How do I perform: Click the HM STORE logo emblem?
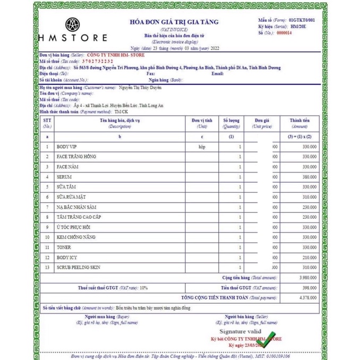[73, 24]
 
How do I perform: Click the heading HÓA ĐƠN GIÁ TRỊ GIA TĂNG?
[174, 22]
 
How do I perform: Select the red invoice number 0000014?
[285, 33]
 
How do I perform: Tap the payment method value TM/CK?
[122, 112]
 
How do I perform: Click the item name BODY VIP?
[67, 147]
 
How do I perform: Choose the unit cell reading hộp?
[201, 147]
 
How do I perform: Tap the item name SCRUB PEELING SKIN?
[78, 268]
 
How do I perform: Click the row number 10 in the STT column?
[47, 237]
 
